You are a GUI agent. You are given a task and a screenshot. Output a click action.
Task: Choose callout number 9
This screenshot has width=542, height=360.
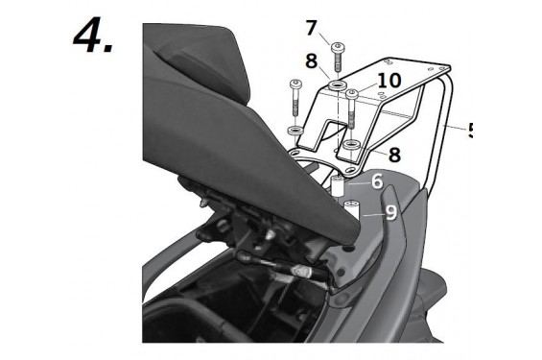[390, 212]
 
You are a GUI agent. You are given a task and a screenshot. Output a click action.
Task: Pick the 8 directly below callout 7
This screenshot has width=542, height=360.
[312, 61]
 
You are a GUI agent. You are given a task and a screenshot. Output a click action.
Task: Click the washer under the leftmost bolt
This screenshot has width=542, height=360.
[295, 129]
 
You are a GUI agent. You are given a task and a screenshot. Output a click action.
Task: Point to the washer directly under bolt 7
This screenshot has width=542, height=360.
[338, 87]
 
